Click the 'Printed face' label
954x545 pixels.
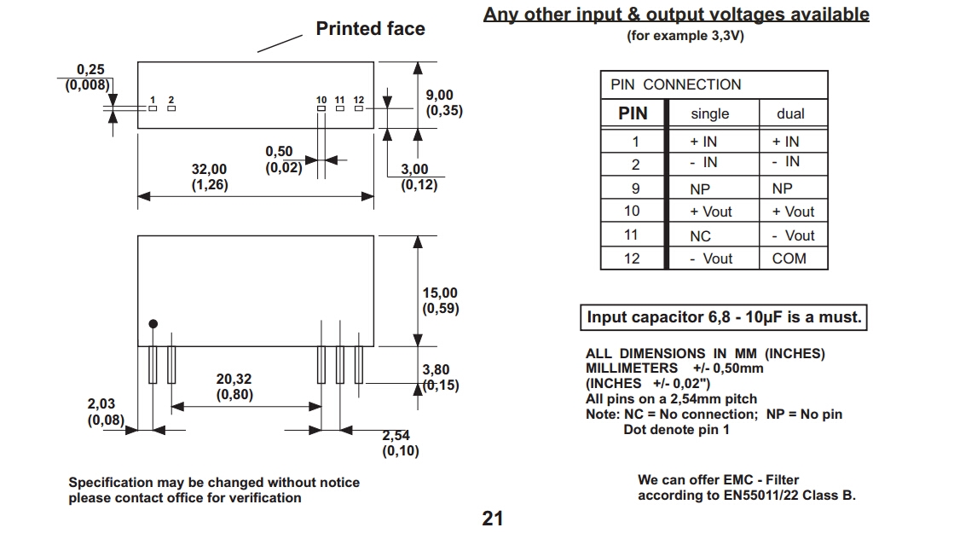click(370, 29)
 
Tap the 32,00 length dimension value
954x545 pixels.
click(209, 170)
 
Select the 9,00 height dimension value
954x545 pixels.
click(440, 96)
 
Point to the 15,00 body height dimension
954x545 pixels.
click(440, 293)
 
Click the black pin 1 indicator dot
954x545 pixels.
click(153, 324)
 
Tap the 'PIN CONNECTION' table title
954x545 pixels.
click(676, 84)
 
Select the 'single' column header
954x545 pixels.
click(710, 113)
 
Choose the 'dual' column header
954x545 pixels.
click(790, 113)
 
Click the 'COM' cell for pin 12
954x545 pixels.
click(789, 258)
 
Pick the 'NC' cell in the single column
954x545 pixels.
click(700, 236)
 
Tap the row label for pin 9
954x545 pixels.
click(634, 188)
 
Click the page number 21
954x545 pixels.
click(493, 519)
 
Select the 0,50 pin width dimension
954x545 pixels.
click(279, 152)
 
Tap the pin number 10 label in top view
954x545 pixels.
click(321, 101)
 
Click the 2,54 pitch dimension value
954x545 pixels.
click(396, 435)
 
